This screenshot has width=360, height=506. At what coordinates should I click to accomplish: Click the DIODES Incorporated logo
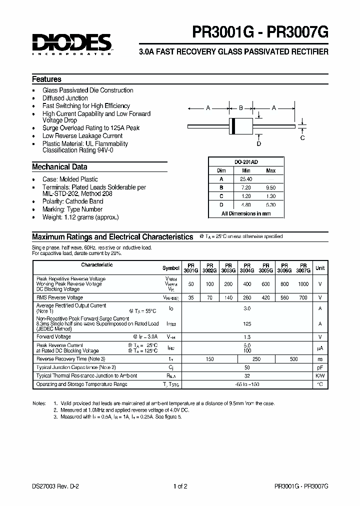pyautogui.click(x=72, y=44)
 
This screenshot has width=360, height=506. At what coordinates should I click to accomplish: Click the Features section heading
pyautogui.click(x=47, y=79)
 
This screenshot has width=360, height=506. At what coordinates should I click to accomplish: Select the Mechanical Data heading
pyautogui.click(x=59, y=167)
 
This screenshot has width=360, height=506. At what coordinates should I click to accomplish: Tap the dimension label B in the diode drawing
pyautogui.click(x=240, y=107)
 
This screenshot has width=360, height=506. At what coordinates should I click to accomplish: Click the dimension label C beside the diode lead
pyautogui.click(x=302, y=138)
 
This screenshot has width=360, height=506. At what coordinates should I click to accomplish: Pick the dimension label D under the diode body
pyautogui.click(x=258, y=144)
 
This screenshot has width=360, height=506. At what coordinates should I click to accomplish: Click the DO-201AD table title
pyautogui.click(x=246, y=162)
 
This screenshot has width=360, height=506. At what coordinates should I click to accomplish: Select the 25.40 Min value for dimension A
pyautogui.click(x=246, y=179)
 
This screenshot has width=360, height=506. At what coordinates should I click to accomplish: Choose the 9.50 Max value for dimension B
pyautogui.click(x=271, y=187)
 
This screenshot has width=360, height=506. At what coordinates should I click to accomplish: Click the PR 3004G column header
pyautogui.click(x=247, y=267)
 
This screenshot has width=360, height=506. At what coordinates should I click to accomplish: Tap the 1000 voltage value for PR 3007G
pyautogui.click(x=303, y=284)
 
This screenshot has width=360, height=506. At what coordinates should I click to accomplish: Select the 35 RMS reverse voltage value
pyautogui.click(x=190, y=297)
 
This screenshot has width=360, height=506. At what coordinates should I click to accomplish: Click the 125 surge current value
pyautogui.click(x=247, y=323)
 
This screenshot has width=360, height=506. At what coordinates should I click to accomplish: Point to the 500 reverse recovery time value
pyautogui.click(x=293, y=358)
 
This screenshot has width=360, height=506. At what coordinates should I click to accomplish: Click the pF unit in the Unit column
pyautogui.click(x=320, y=367)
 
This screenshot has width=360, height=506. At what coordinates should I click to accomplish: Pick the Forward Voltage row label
pyautogui.click(x=53, y=337)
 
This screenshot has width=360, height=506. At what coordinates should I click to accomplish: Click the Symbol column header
pyautogui.click(x=170, y=268)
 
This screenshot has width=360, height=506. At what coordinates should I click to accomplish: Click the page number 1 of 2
pyautogui.click(x=180, y=486)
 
